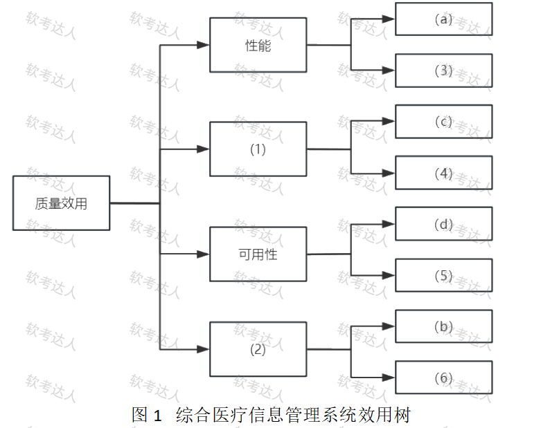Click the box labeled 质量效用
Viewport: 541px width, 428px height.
(61, 203)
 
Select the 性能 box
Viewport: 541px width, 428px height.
(258, 46)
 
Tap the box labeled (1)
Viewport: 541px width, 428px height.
(258, 149)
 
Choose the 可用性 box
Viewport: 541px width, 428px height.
(258, 254)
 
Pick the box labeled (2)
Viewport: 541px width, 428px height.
(258, 349)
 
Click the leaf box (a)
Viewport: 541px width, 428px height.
(443, 19)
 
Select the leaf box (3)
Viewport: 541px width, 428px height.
(443, 70)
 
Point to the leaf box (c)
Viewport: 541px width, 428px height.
(443, 122)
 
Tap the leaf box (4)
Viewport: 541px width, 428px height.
(443, 173)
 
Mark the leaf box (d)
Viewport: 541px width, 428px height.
(443, 224)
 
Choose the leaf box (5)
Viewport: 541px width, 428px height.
(443, 275)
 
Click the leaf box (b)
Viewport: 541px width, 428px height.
(443, 326)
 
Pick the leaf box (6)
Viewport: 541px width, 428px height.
(443, 378)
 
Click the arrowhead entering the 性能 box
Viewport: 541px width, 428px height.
(203, 46)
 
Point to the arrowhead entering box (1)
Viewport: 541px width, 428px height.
(203, 149)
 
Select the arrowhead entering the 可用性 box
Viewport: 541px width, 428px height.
(203, 254)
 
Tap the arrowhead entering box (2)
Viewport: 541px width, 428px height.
(203, 350)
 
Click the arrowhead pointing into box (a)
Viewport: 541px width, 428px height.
(389, 19)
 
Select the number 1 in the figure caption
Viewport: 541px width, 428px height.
(157, 416)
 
